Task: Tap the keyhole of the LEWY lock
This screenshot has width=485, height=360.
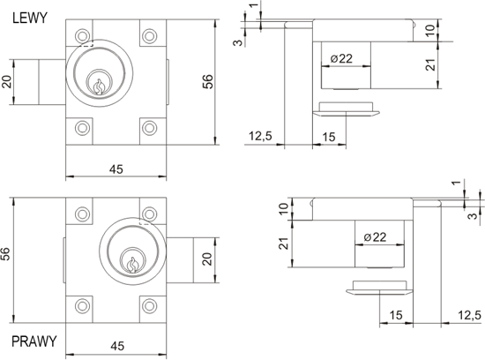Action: [99, 86]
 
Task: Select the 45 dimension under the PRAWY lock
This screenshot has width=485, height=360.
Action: [116, 345]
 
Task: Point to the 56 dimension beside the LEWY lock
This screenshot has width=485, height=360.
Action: [232, 80]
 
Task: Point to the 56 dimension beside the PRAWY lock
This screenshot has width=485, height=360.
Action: [8, 253]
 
